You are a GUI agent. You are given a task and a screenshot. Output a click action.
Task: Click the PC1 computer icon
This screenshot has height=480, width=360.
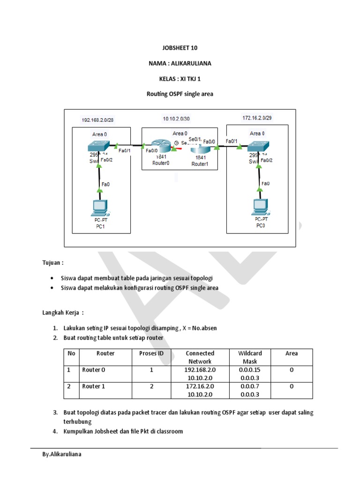coord(99,207)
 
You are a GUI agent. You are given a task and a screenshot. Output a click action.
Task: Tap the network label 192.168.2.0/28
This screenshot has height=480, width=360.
coord(97,120)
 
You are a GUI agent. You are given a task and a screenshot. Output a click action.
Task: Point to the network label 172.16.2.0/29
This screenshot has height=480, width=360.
coord(256,118)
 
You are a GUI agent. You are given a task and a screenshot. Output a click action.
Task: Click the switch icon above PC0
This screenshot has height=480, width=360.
coord(258,146)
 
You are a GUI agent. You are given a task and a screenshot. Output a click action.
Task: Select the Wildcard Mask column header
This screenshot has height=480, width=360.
coord(250,357)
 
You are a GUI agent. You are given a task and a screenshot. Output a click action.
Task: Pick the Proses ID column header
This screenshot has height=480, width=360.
coord(151,353)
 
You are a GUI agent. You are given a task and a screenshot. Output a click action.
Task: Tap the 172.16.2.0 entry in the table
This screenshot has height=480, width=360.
coord(200,386)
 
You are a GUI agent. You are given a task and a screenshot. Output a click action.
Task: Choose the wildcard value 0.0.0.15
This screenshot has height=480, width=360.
coord(250,370)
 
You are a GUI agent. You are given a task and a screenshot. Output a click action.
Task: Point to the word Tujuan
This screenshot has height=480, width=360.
coord(52,263)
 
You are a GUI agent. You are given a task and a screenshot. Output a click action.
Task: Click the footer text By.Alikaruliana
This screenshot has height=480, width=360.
coord(62,454)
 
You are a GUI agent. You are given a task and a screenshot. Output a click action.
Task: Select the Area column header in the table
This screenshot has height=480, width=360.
coord(292,353)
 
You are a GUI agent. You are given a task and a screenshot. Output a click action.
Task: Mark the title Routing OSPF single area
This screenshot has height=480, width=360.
coord(180,94)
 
